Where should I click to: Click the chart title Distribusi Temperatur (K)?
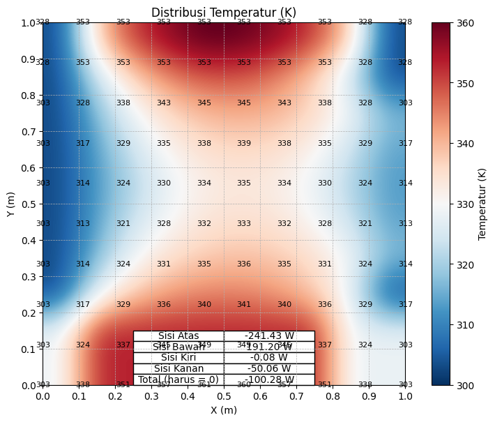(224, 13)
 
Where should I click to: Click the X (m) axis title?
(224, 409)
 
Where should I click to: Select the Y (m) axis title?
(10, 204)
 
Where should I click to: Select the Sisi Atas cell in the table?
(178, 336)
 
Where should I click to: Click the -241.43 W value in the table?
(269, 336)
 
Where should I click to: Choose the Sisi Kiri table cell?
(178, 358)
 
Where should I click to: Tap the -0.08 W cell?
(269, 358)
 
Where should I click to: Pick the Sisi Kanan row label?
(178, 369)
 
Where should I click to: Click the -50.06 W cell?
(269, 369)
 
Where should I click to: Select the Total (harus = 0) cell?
(178, 379)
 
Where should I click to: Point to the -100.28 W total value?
(269, 379)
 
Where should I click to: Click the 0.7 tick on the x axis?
(296, 396)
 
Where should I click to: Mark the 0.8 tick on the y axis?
(28, 96)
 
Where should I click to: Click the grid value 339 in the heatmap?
(244, 144)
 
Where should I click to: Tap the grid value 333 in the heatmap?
(244, 224)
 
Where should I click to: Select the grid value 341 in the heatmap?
(244, 305)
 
